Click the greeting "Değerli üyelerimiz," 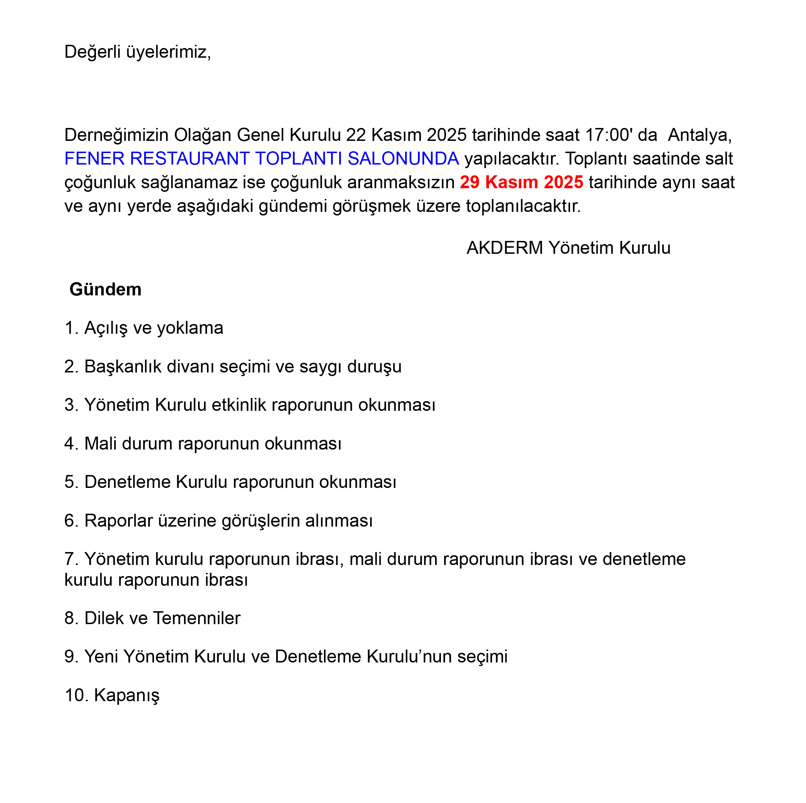138,52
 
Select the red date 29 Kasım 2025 521,182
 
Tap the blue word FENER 94,159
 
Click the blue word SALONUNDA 403,159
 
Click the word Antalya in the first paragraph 699,135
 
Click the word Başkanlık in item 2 123,367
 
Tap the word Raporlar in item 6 118,521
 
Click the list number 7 69,559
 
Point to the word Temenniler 197,618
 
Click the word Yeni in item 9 101,657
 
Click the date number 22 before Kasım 356,135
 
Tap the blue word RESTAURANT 190,159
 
